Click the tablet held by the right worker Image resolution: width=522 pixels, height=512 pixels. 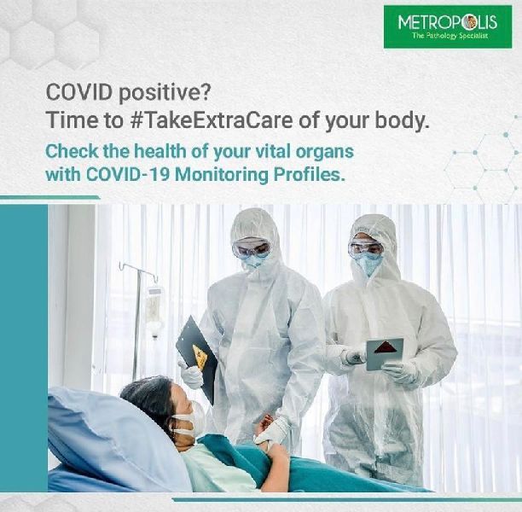[x=384, y=352]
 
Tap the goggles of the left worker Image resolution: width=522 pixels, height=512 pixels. [x=251, y=249]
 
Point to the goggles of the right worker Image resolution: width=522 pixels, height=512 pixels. [x=366, y=249]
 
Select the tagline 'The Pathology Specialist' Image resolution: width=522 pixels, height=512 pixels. [x=447, y=38]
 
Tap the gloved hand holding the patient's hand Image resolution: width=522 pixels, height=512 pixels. [x=271, y=430]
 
